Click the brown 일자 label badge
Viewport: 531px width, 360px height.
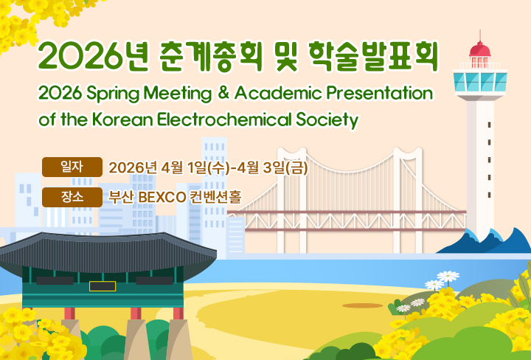[72, 167]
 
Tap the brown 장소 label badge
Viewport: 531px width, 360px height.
[72, 197]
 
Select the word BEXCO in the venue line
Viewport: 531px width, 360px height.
[162, 198]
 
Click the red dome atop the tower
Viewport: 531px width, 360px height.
[480, 49]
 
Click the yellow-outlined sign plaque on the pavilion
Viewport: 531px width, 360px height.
[103, 286]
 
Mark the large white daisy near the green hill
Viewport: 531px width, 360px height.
[448, 277]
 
